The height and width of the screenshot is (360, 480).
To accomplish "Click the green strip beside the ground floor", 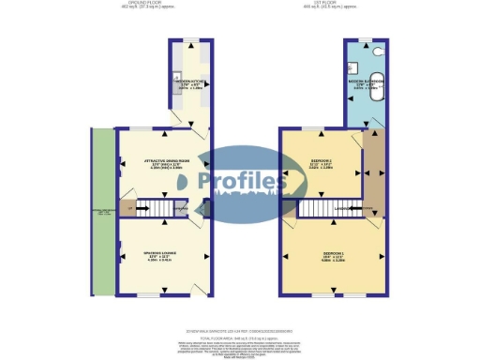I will point(102,211).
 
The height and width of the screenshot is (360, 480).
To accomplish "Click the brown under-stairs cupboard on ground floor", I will point(127,208).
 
